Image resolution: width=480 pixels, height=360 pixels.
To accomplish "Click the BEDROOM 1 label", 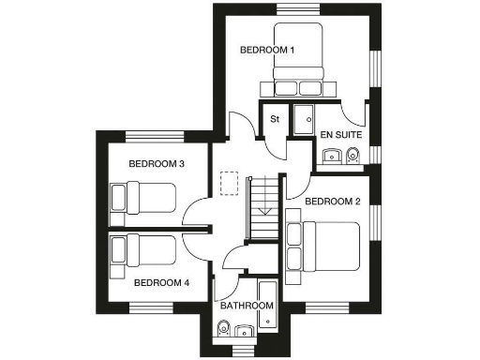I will (x=267, y=49).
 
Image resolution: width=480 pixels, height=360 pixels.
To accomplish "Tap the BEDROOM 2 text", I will (x=333, y=201).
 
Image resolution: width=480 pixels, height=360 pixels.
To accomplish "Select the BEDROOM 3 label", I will (x=156, y=164).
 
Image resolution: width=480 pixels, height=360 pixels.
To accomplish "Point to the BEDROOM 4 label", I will (x=161, y=281).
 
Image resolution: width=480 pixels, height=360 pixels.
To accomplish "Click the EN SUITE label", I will (x=341, y=136).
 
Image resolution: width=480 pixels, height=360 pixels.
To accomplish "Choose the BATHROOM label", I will (x=247, y=306).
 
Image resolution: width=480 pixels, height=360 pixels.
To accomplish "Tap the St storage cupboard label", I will (x=276, y=119).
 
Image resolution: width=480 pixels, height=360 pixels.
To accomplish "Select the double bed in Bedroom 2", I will (x=324, y=246).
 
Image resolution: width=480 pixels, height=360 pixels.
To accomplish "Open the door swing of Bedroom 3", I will (x=195, y=214).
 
